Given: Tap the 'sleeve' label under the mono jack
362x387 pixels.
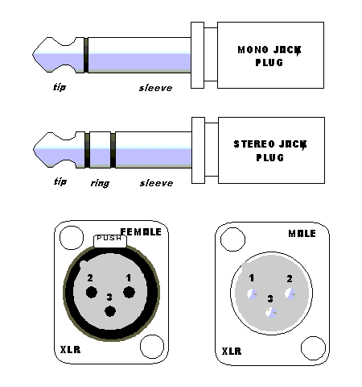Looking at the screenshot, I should pyautogui.click(x=155, y=87).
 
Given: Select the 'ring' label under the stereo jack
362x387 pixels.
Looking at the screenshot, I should pyautogui.click(x=100, y=183).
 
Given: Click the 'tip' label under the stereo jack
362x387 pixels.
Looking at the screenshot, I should pyautogui.click(x=59, y=181).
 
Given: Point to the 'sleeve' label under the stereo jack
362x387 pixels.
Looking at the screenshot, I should pyautogui.click(x=156, y=183).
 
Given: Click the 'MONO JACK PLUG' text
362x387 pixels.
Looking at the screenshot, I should pyautogui.click(x=271, y=56).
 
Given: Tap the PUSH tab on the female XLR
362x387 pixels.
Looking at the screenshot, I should pyautogui.click(x=109, y=239).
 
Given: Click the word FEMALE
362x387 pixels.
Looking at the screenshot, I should pyautogui.click(x=140, y=232).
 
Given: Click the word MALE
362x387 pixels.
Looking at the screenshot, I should pyautogui.click(x=302, y=234).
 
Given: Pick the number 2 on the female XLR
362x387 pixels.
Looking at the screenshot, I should pyautogui.click(x=91, y=278).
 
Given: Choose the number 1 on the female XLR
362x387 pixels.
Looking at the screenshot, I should pyautogui.click(x=127, y=278).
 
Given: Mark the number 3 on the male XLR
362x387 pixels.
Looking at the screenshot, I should pyautogui.click(x=270, y=298).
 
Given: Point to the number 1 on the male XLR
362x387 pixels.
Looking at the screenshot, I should pyautogui.click(x=252, y=278).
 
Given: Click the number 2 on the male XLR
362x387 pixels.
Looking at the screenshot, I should pyautogui.click(x=289, y=278).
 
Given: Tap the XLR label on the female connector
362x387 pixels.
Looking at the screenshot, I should pyautogui.click(x=69, y=352).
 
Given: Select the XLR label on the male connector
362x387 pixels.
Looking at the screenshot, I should pyautogui.click(x=233, y=352).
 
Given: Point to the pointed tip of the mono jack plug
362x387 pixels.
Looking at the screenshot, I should pyautogui.click(x=36, y=55).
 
